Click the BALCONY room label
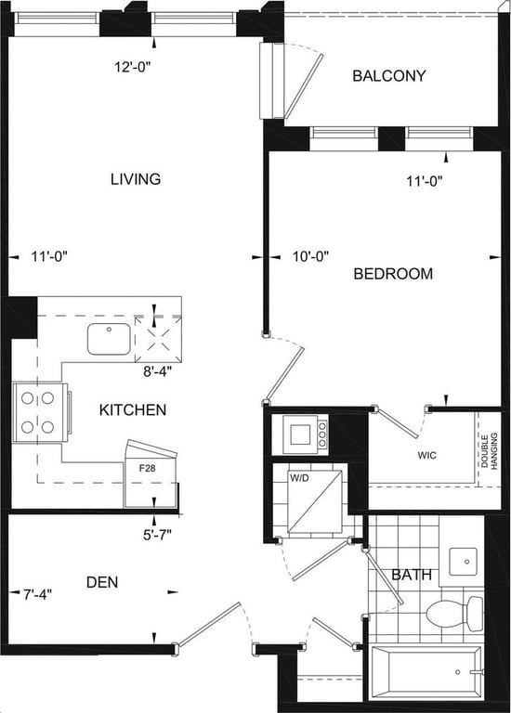tap(389, 75)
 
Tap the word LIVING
tap(136, 178)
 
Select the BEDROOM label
tap(393, 274)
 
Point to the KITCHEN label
tap(133, 410)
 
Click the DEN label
tap(102, 582)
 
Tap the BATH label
tap(412, 575)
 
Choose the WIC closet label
tap(426, 455)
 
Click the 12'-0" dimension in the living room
tap(133, 67)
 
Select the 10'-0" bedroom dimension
tap(310, 257)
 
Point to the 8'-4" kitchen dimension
tap(157, 371)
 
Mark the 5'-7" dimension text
tap(157, 535)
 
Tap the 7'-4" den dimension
tap(38, 594)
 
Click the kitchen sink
tap(109, 339)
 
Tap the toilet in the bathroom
tap(454, 614)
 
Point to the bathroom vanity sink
tap(464, 562)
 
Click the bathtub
tap(426, 672)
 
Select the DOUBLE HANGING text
tap(489, 451)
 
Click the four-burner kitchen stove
tap(41, 413)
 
